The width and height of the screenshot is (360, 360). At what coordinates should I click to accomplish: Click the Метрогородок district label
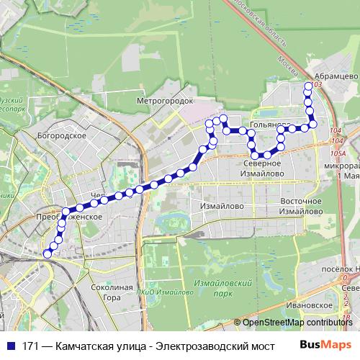(x=166, y=102)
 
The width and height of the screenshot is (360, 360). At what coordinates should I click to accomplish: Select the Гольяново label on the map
(x=270, y=124)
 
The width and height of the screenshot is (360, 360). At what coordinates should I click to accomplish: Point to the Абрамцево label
(x=331, y=75)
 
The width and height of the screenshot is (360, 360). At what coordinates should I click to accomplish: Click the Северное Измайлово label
(x=260, y=168)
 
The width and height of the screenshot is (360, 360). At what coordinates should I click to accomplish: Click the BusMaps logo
(x=326, y=344)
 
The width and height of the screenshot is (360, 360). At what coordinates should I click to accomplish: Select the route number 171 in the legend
(x=30, y=345)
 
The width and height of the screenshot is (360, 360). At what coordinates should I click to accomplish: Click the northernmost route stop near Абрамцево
(x=308, y=86)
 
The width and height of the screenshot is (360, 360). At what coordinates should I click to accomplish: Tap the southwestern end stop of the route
(x=48, y=253)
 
